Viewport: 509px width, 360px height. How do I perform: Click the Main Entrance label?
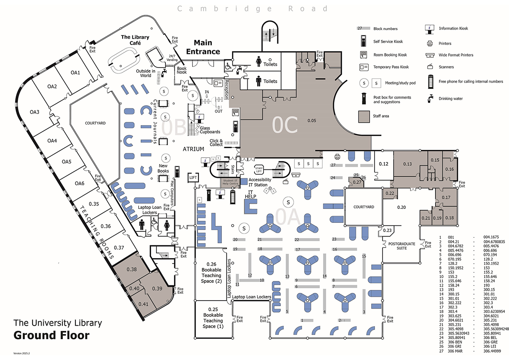point(207,47)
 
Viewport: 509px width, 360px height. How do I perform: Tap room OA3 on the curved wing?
point(34,112)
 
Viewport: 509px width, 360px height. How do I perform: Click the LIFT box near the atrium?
point(193,177)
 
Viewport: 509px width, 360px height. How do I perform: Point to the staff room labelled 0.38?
point(131,269)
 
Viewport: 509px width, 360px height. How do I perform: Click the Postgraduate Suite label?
point(402,245)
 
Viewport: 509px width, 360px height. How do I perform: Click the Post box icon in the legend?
point(364,98)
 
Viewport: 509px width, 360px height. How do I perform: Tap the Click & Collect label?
point(216,142)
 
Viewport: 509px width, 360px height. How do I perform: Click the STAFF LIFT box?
point(259,170)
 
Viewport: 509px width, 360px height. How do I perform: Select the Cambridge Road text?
point(252,8)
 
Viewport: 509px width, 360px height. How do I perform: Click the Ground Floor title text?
point(52,335)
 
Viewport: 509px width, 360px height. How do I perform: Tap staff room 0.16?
point(450,169)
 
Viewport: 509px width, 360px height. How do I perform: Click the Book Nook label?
point(182,70)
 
